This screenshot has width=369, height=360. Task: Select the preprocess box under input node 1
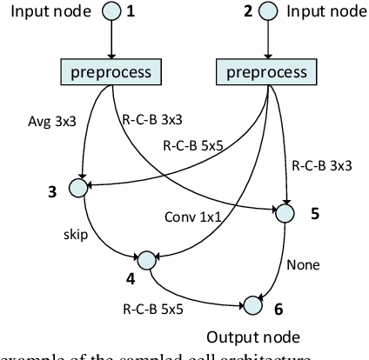[x=111, y=71]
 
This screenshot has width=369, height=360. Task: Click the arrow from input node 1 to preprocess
[x=112, y=42]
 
